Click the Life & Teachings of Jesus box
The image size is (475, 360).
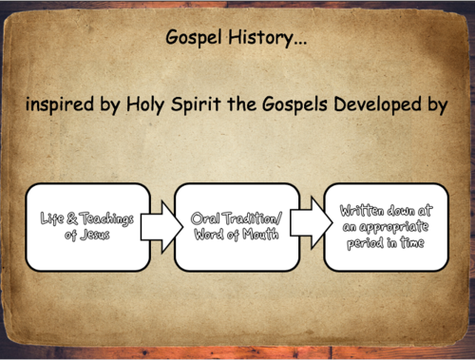(86, 226)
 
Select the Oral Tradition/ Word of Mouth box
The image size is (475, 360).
(236, 226)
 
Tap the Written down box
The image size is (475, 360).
(385, 225)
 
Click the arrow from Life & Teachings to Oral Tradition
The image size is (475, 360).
(161, 226)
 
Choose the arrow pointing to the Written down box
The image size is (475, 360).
(308, 224)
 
